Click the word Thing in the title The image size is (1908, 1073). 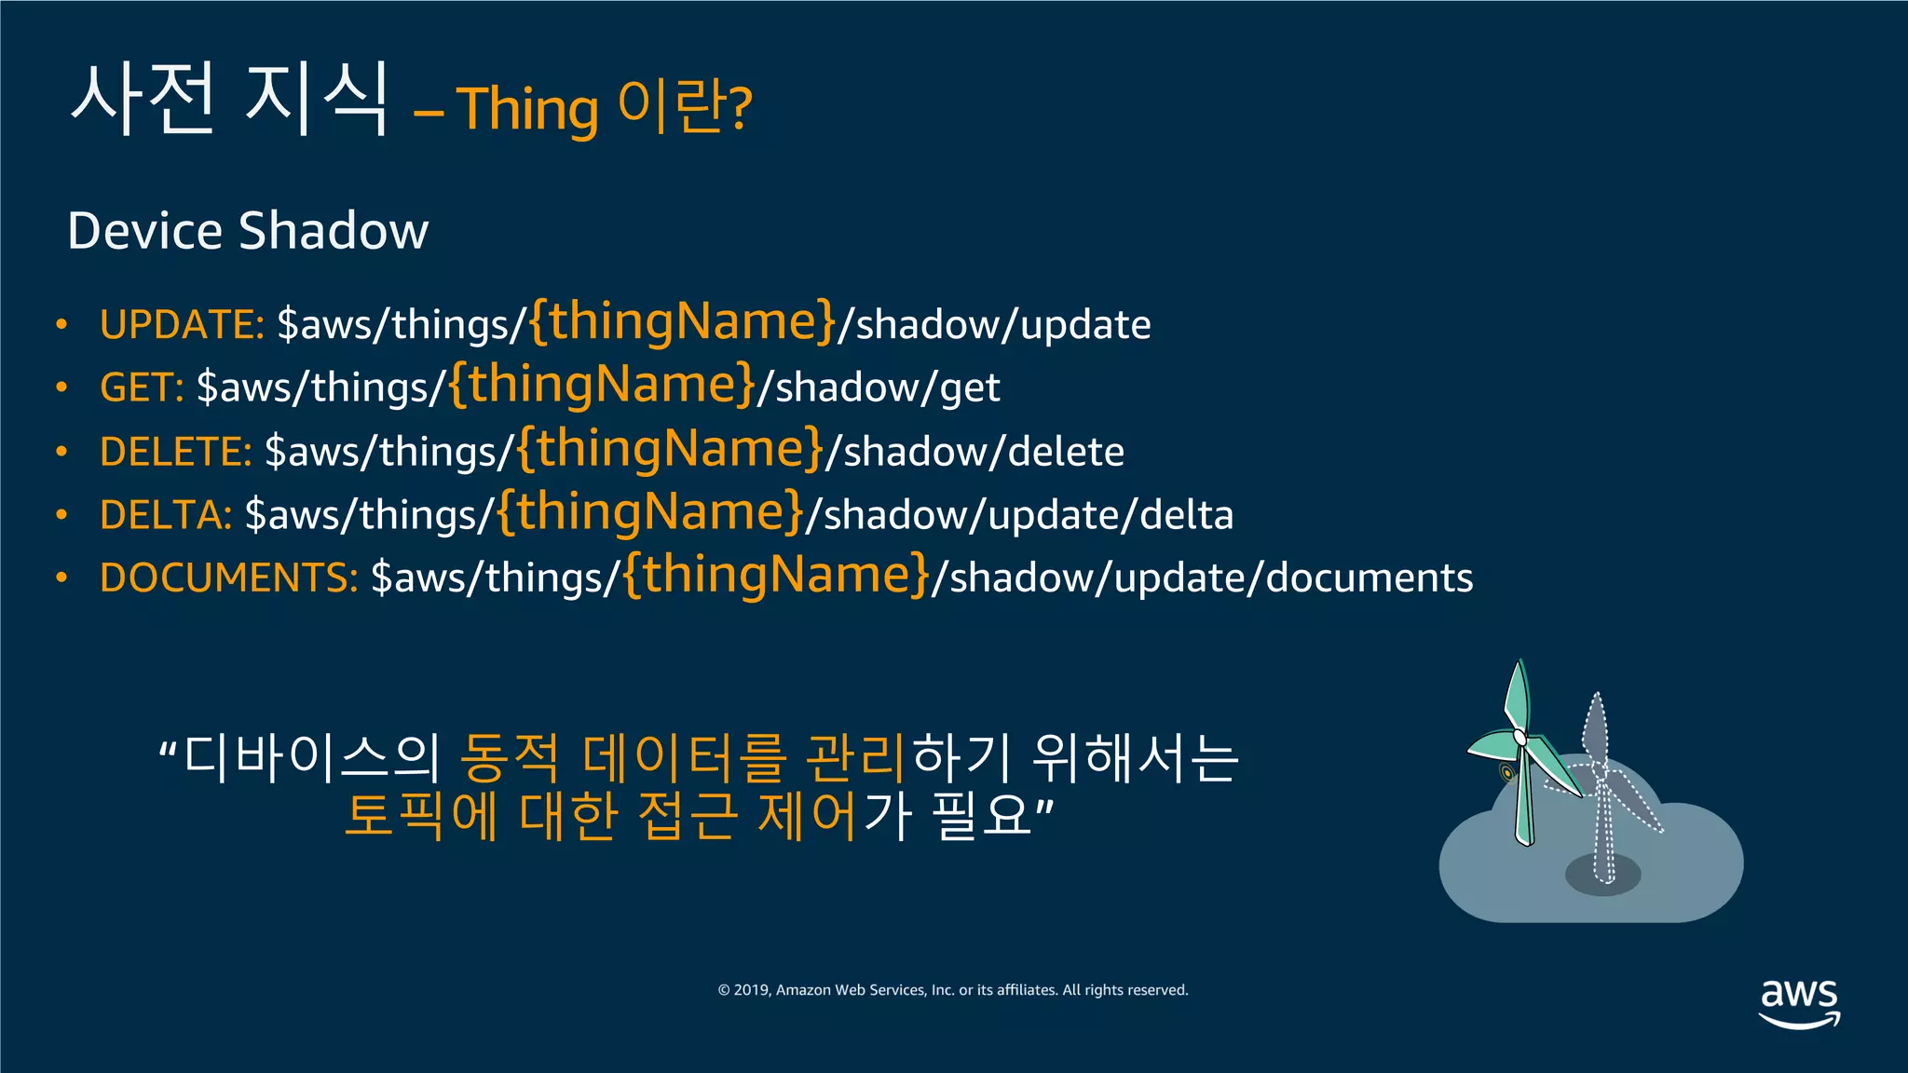tap(526, 110)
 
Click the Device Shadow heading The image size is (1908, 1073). tap(248, 231)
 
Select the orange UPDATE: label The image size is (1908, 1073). tap(182, 325)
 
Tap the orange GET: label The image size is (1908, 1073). tap(142, 387)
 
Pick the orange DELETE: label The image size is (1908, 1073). tap(175, 452)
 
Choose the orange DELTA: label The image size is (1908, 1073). tap(165, 515)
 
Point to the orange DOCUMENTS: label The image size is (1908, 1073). tap(228, 577)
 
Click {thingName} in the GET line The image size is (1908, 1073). tap(601, 385)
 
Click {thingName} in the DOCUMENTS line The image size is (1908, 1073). tap(776, 575)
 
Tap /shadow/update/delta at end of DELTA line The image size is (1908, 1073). tap(1019, 515)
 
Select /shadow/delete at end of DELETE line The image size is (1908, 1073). tap(974, 452)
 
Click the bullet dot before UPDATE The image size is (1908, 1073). tap(61, 325)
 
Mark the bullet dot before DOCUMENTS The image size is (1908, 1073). tap(61, 578)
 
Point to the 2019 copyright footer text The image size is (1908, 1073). tap(952, 990)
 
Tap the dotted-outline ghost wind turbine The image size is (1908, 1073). tap(1601, 792)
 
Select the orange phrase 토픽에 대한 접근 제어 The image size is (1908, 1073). tap(600, 816)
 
